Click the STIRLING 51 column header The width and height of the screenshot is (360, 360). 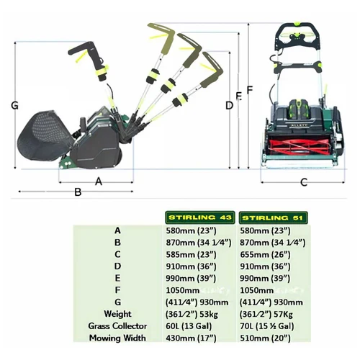point(269,217)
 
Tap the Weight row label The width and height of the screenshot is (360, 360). point(117,315)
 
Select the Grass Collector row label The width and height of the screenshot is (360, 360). point(117,326)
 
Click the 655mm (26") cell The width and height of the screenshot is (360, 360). point(264,254)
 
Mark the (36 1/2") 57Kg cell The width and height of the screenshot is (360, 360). point(266,315)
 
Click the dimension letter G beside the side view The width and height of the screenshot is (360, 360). point(15,106)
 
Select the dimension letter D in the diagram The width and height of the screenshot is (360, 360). point(229,106)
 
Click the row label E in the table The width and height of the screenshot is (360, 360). point(117,279)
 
